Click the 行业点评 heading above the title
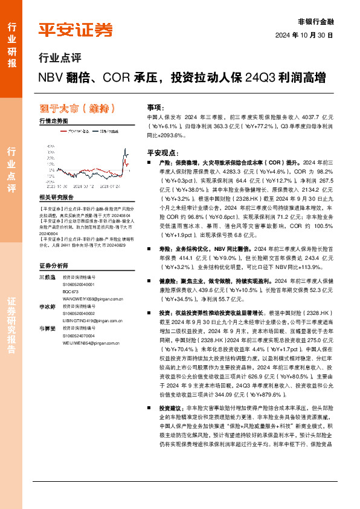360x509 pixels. tap(59, 59)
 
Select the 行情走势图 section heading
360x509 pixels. tap(53, 121)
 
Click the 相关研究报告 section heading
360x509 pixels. tap(56, 197)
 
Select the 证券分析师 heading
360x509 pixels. tap(52, 265)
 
